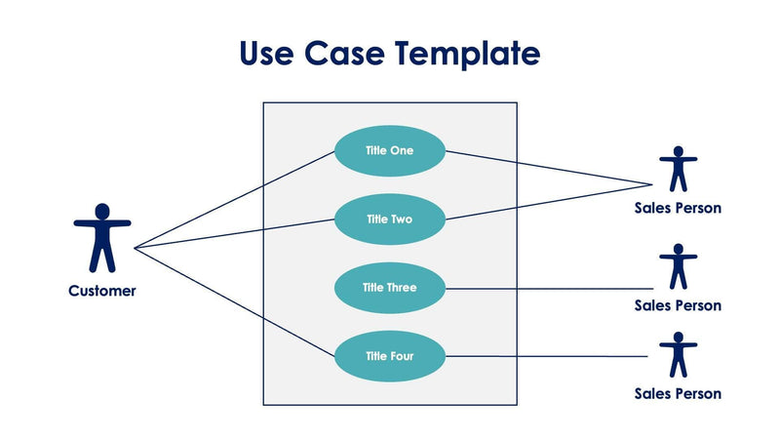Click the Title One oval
(x=390, y=150)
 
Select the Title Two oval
(x=390, y=219)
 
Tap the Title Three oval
(x=390, y=288)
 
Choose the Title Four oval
(x=390, y=356)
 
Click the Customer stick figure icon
(x=101, y=237)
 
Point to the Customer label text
(x=102, y=291)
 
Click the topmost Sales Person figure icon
(x=678, y=169)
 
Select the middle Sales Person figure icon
(x=678, y=265)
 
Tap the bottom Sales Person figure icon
(x=678, y=354)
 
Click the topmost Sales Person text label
(x=678, y=208)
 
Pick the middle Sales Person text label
(x=678, y=305)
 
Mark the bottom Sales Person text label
(x=678, y=394)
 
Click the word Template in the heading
(x=467, y=53)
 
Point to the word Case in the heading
(x=345, y=53)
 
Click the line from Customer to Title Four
(x=234, y=301)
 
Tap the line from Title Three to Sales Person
(x=546, y=289)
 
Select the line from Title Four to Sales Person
(x=546, y=357)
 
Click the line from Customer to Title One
(x=234, y=200)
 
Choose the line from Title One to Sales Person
(x=546, y=167)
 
